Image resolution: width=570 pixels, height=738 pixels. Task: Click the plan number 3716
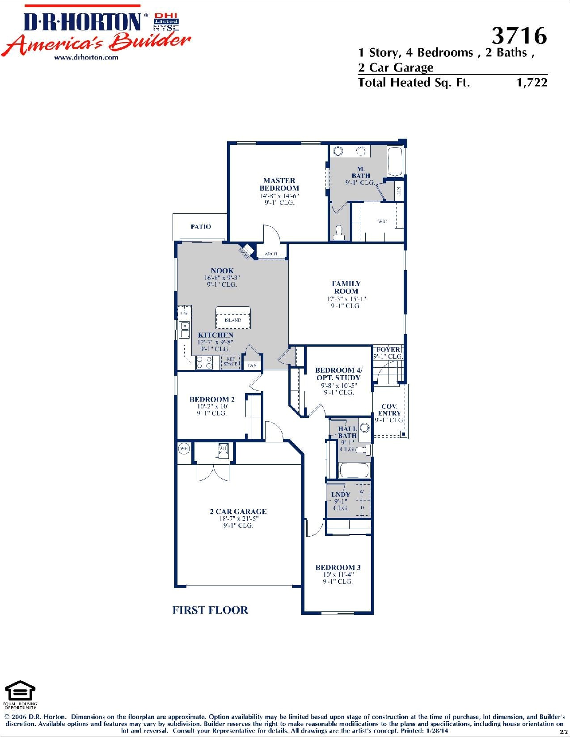519,35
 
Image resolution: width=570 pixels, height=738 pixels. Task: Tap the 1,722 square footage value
532,83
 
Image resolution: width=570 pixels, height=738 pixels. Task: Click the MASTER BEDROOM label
279,184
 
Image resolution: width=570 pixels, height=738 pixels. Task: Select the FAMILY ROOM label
346,287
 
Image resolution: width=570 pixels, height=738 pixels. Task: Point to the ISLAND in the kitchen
232,318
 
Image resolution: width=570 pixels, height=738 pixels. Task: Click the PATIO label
201,227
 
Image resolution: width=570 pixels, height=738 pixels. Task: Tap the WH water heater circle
184,448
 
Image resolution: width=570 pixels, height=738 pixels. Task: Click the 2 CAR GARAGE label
238,511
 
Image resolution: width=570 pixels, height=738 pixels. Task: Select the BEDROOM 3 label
338,568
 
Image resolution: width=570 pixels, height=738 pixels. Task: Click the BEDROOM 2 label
212,399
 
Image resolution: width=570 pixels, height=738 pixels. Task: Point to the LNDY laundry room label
341,494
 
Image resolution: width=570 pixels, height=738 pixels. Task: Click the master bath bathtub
395,161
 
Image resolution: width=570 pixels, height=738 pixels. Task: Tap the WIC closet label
383,221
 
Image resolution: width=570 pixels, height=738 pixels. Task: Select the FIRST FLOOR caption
210,610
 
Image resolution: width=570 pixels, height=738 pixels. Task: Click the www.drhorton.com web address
86,57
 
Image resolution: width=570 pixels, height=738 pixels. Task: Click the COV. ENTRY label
389,410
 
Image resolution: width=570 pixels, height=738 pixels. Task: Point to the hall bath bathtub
354,471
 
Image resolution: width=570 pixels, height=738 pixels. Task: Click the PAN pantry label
253,365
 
